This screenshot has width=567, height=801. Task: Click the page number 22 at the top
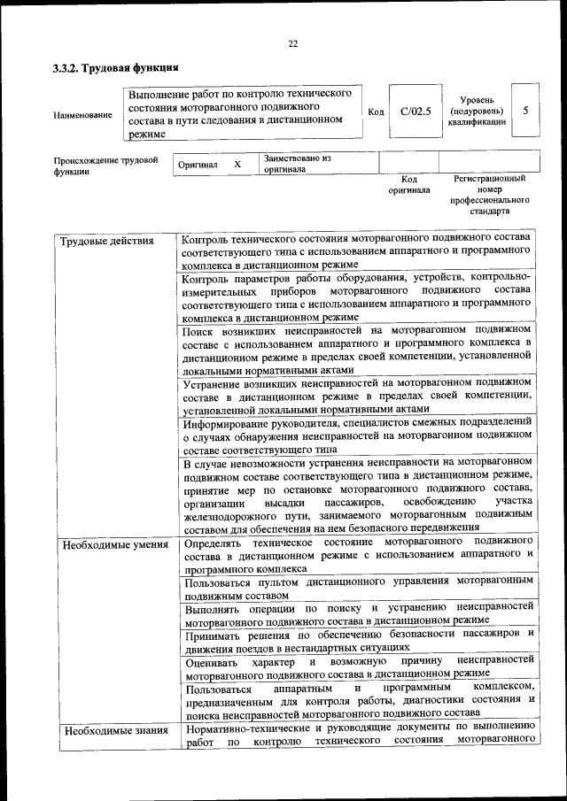click(x=292, y=44)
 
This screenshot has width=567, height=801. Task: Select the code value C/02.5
click(x=415, y=112)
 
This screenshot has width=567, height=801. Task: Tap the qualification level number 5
click(x=526, y=112)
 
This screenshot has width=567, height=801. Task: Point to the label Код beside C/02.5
click(x=376, y=112)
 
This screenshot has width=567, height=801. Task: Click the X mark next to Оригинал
click(x=237, y=165)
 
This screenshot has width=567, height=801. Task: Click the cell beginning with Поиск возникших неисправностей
click(x=356, y=350)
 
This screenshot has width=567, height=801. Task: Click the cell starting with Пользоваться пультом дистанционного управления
click(x=358, y=588)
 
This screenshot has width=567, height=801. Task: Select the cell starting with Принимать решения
click(x=358, y=638)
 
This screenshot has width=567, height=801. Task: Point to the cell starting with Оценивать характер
click(x=358, y=666)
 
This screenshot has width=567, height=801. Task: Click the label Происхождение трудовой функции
click(x=105, y=166)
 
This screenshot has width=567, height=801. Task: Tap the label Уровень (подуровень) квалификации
click(x=478, y=112)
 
